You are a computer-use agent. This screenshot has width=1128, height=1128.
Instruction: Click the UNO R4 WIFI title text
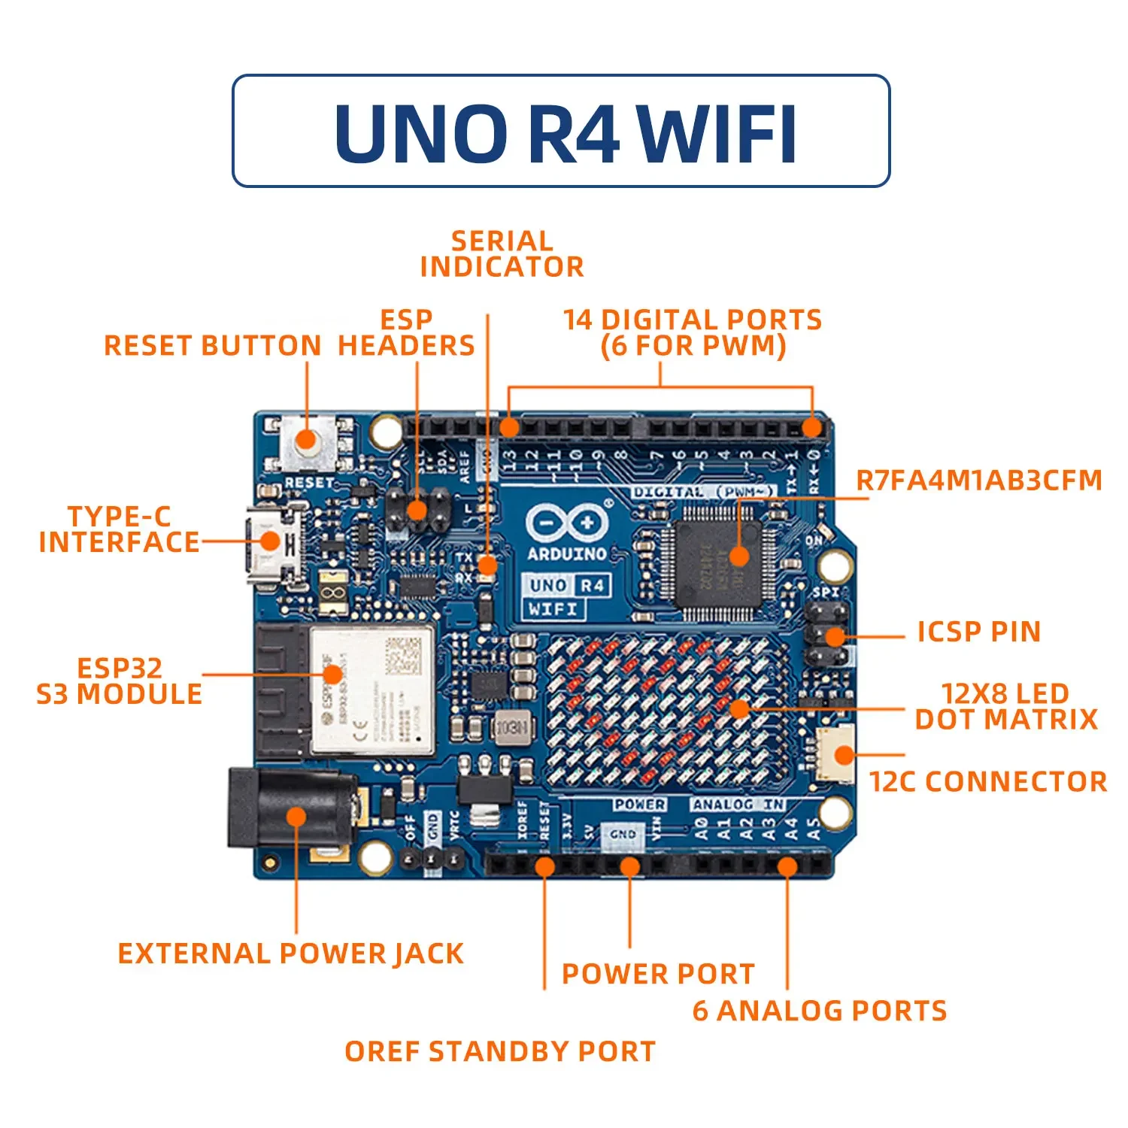566,132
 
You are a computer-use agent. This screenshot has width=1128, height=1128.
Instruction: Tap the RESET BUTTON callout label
212,346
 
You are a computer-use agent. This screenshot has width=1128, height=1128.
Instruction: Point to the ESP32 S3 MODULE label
120,681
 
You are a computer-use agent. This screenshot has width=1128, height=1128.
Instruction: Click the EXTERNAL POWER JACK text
290,954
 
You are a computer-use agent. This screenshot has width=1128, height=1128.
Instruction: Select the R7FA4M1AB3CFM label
979,481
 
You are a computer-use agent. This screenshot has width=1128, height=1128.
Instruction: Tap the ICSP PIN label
978,632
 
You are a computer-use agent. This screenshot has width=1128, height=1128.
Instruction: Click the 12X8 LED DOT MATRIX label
1005,706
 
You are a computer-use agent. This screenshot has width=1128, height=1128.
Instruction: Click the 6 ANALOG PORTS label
820,1011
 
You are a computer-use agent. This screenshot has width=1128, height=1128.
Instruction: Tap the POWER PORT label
658,974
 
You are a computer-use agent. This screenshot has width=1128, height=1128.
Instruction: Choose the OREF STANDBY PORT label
500,1051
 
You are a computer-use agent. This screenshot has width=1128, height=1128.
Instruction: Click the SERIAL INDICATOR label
502,254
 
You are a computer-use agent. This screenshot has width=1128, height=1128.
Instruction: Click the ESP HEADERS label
406,332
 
